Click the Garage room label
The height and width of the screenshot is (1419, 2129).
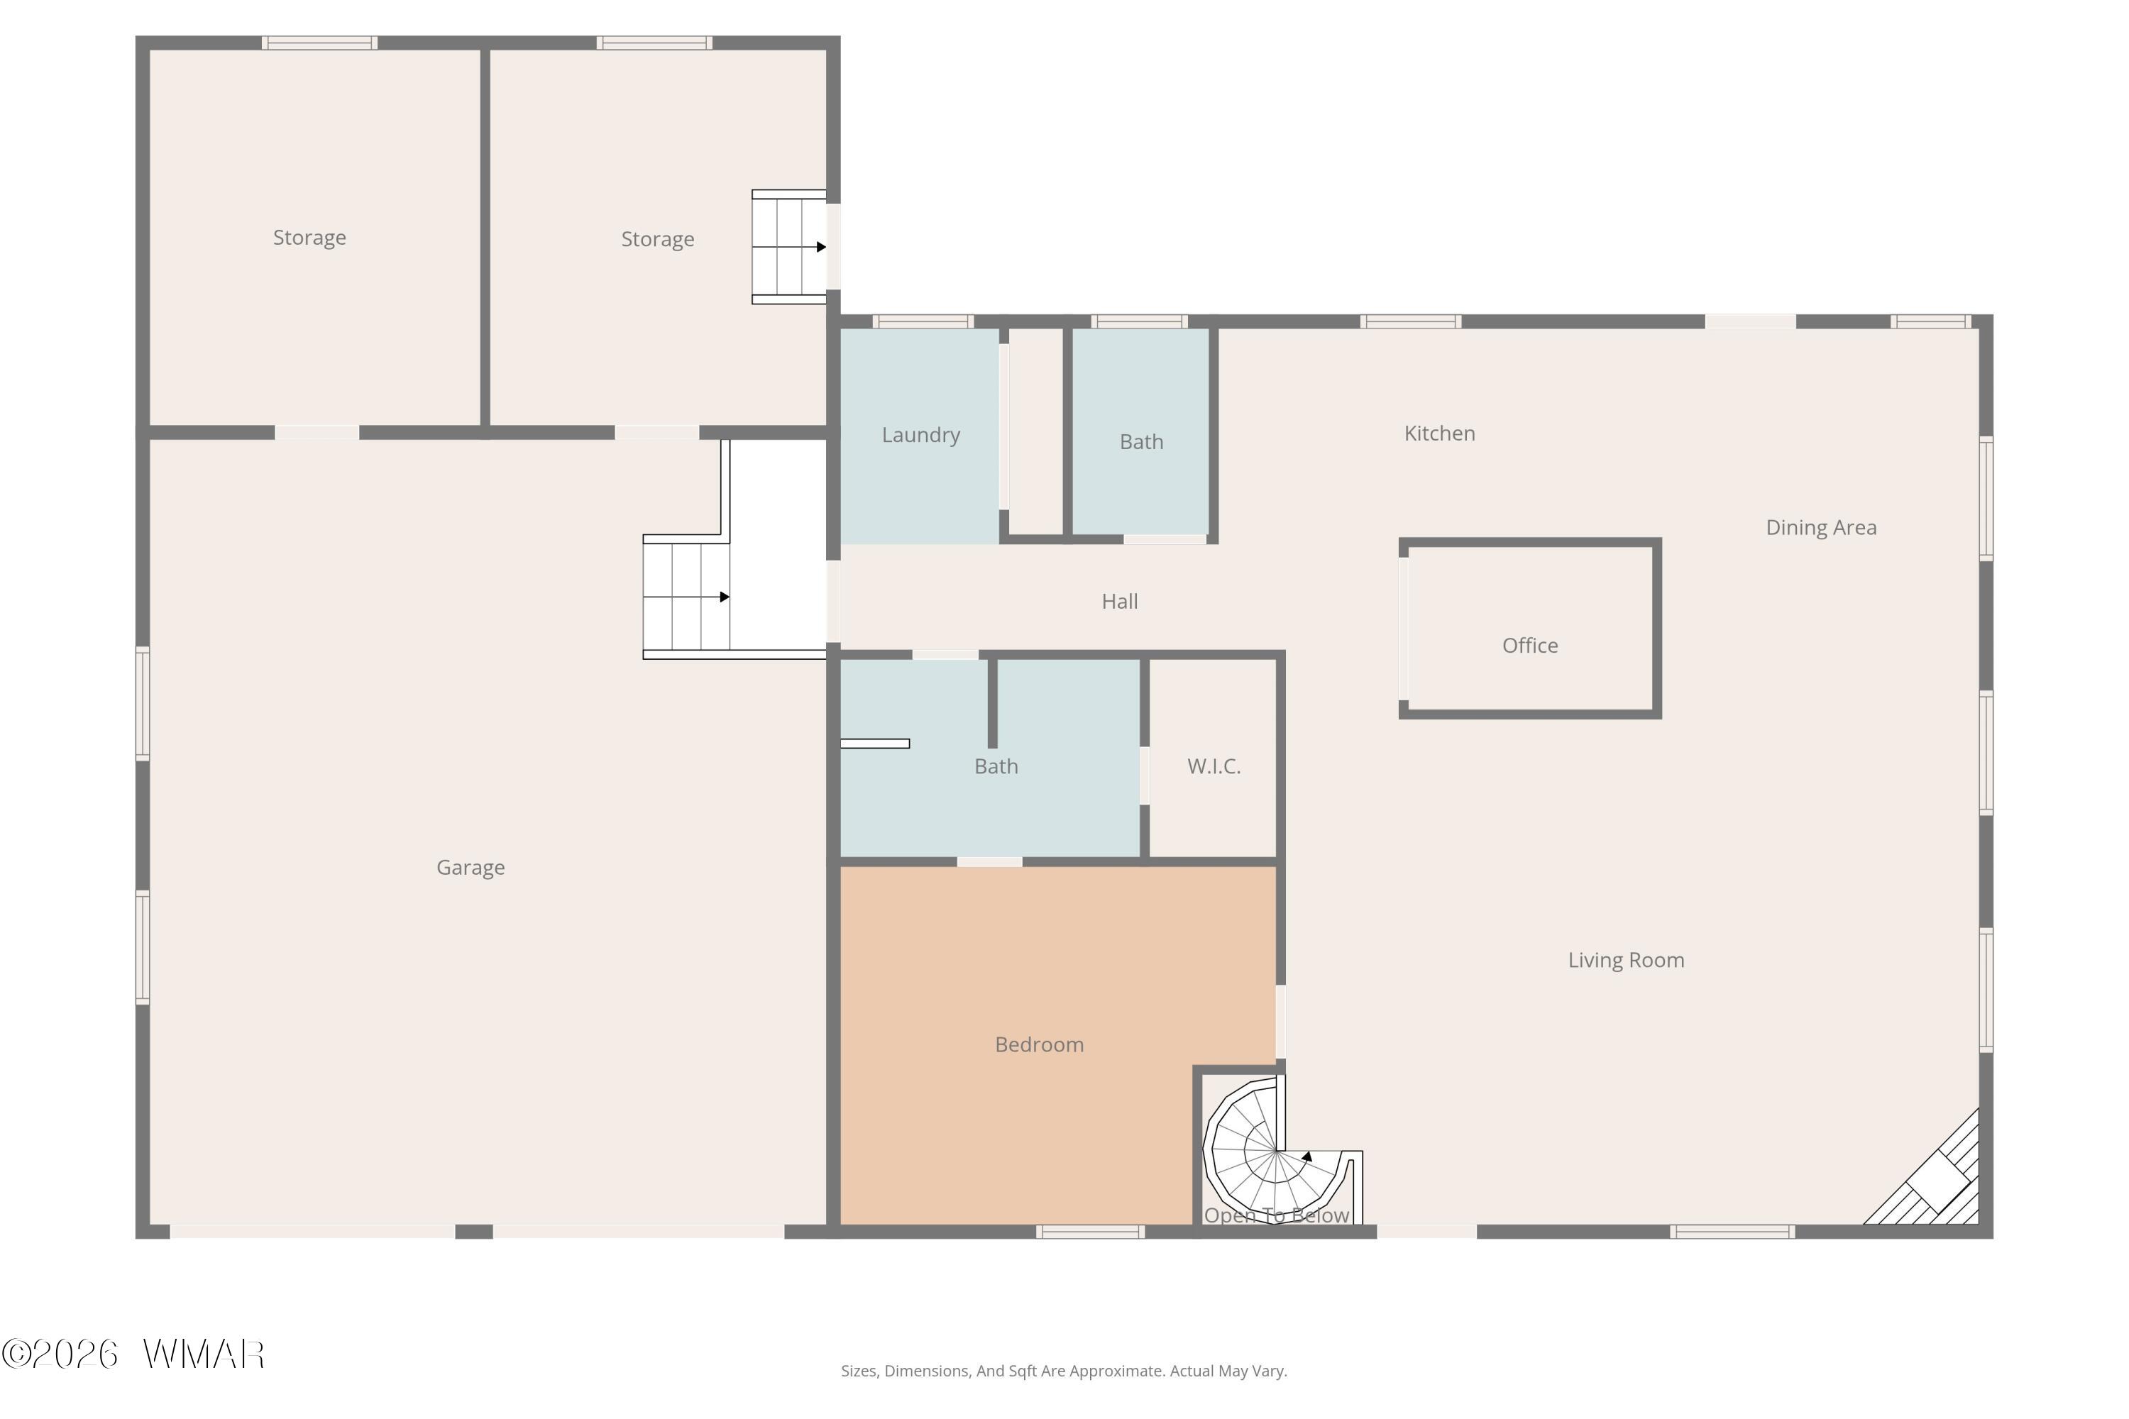(x=471, y=868)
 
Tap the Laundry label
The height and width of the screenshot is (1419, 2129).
(x=920, y=436)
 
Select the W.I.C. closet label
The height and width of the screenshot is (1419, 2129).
(x=1214, y=766)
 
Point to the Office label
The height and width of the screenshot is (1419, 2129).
(x=1530, y=645)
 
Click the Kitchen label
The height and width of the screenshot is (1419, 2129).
(x=1439, y=434)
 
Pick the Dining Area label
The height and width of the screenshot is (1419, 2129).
(x=1821, y=528)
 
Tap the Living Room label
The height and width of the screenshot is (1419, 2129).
(x=1626, y=960)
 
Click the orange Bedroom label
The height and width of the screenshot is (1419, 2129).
(x=1039, y=1044)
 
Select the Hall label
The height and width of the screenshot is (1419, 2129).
(x=1120, y=601)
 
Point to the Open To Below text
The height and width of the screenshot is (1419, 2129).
(x=1276, y=1215)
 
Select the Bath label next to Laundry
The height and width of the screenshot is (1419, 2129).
(x=1141, y=441)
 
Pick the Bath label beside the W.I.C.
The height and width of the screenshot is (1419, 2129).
(x=996, y=766)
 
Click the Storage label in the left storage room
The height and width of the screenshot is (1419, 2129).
(x=309, y=238)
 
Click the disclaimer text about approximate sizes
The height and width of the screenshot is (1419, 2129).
(x=1064, y=1371)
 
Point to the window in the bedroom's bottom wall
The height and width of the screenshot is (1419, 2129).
(x=1090, y=1232)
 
